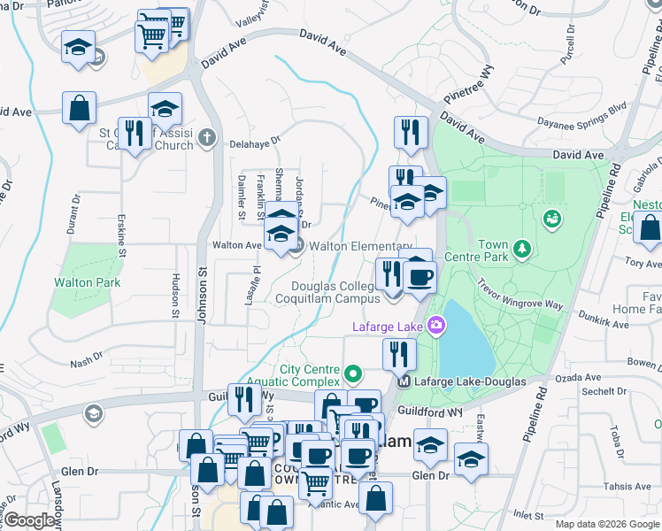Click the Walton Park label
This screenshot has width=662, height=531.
[x=86, y=283]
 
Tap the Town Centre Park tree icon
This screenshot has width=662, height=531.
[x=523, y=249]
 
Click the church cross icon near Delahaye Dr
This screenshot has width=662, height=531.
[x=206, y=137]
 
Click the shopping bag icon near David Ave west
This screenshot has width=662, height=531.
[x=80, y=108]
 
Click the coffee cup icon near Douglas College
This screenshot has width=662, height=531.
[x=420, y=277]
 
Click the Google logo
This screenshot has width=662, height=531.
[x=30, y=520]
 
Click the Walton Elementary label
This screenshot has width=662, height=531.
[x=360, y=246]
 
